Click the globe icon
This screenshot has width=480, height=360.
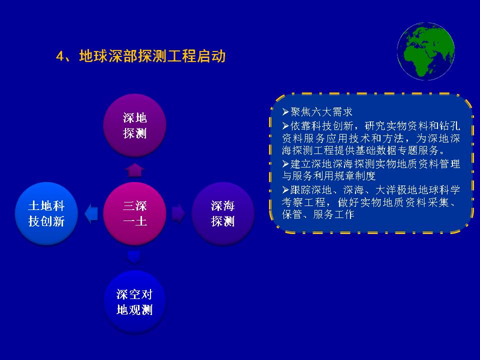[x=426, y=51]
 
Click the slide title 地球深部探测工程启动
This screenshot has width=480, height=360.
[x=152, y=56]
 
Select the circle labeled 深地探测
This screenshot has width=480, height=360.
[x=134, y=125]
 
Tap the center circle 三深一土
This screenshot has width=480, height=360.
[x=134, y=213]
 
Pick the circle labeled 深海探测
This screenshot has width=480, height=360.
[x=223, y=213]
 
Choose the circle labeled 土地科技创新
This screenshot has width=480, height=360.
[x=46, y=213]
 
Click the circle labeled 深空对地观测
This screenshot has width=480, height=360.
[x=134, y=302]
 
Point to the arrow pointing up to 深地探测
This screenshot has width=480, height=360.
[x=134, y=170]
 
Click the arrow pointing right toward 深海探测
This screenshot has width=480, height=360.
[x=178, y=213]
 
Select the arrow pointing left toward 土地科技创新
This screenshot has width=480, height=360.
[x=91, y=213]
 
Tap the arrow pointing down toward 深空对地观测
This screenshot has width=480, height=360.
[x=134, y=257]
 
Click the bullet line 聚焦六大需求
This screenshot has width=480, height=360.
[x=317, y=112]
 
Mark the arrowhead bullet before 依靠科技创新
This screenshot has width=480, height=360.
[x=285, y=126]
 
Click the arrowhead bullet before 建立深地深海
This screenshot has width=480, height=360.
[x=285, y=164]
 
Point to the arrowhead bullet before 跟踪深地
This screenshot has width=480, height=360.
[x=285, y=190]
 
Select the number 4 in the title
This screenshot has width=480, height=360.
[x=60, y=56]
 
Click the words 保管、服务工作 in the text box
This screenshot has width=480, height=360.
[x=318, y=214]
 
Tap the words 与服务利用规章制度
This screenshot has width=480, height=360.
[x=329, y=176]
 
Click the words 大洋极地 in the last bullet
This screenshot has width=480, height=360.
[x=391, y=190]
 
